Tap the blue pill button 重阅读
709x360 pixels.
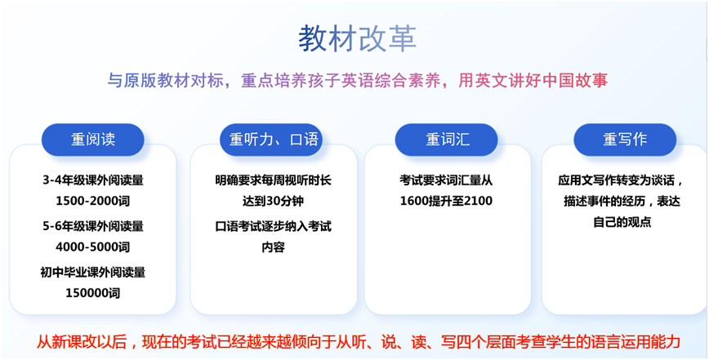tap(92, 140)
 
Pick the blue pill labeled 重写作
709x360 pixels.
tap(625, 140)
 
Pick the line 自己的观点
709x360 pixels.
tap(622, 222)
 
